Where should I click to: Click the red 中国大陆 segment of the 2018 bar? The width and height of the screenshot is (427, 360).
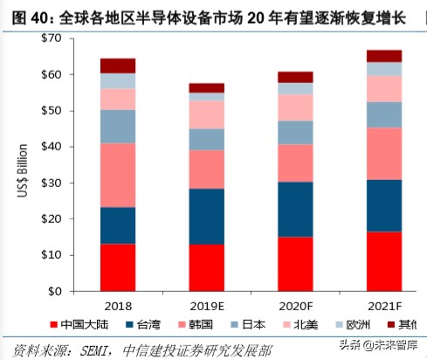[x=118, y=267]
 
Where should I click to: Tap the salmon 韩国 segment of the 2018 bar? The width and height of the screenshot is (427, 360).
[x=118, y=175]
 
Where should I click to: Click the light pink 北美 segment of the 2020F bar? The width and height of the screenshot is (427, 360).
[x=295, y=107]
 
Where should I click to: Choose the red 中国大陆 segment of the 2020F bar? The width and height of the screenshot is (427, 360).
[x=295, y=263]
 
